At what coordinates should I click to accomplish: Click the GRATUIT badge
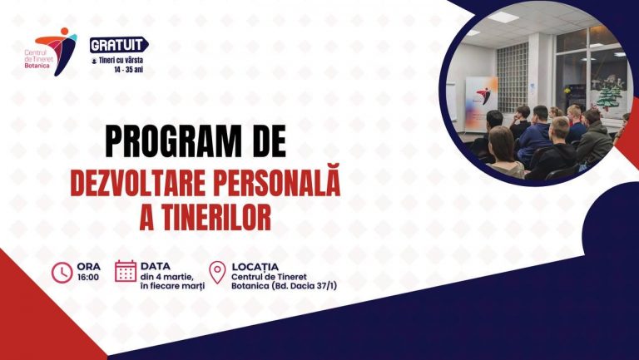(118, 43)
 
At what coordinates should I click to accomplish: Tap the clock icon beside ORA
(62, 272)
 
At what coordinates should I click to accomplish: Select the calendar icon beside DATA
(126, 272)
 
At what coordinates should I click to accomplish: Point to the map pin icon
(217, 272)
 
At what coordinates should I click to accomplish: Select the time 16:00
(87, 277)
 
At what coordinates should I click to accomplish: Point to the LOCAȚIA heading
(256, 266)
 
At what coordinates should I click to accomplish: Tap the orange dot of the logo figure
(64, 32)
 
